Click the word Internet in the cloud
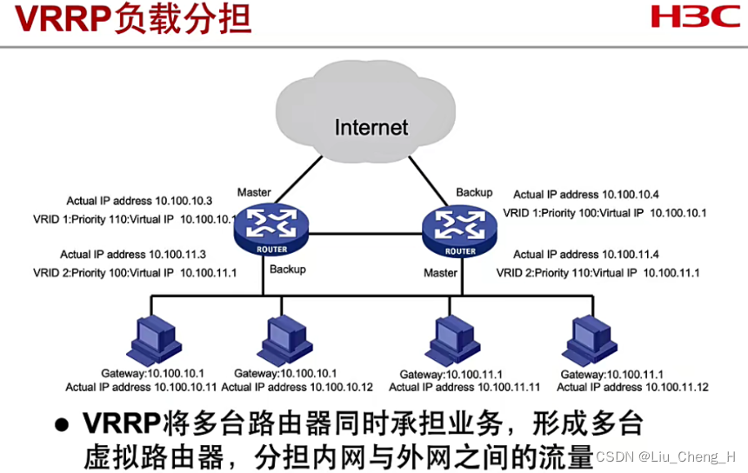(x=371, y=128)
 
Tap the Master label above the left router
(x=253, y=192)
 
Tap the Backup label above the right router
(x=474, y=192)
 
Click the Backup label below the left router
(x=287, y=270)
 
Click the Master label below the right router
(x=440, y=273)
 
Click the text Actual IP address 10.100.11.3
(x=133, y=255)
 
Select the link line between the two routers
(x=365, y=234)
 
